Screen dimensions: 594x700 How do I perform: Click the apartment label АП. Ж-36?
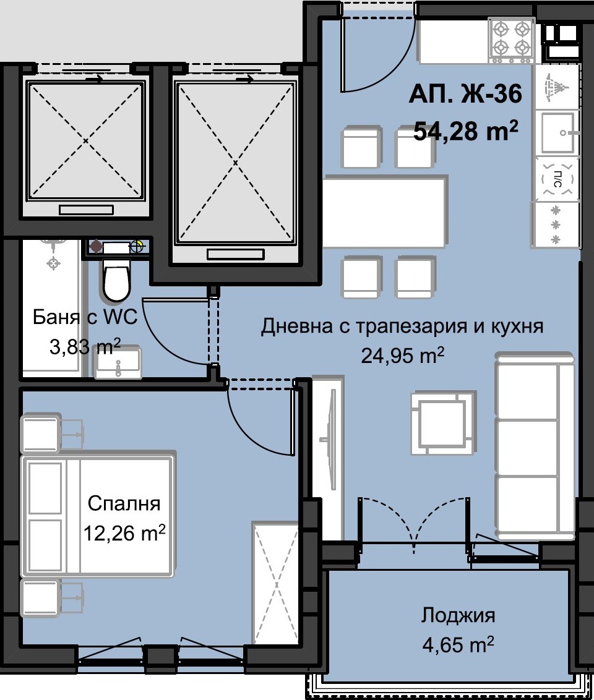tap(465, 94)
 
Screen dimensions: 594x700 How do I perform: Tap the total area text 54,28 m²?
tap(466, 130)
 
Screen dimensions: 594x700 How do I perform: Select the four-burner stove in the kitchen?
tap(511, 40)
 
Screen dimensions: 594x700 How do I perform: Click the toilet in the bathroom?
tap(116, 280)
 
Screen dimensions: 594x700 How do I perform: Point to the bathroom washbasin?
tap(118, 362)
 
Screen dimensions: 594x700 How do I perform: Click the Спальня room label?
tap(124, 503)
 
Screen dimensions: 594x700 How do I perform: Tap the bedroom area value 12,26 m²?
tap(124, 532)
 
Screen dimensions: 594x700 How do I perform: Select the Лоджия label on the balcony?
tap(458, 616)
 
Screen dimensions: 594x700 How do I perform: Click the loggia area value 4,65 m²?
tap(458, 645)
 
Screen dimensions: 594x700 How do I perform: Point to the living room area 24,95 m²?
tap(402, 356)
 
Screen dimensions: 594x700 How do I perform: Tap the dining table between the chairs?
tap(385, 211)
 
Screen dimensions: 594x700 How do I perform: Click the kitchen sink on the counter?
tap(557, 132)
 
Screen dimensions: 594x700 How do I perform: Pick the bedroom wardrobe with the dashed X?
tap(275, 584)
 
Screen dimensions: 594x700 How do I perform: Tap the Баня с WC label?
tap(85, 317)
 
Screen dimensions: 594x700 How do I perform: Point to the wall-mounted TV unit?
tap(328, 458)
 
